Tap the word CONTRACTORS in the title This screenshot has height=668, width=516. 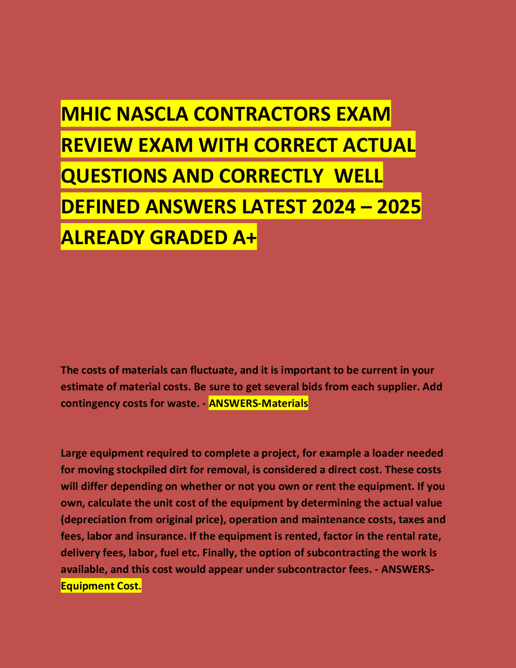(263, 114)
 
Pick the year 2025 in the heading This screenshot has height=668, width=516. (399, 207)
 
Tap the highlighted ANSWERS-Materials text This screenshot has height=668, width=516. (258, 403)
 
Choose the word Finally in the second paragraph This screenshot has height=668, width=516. (220, 553)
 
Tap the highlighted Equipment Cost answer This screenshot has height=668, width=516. (101, 586)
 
